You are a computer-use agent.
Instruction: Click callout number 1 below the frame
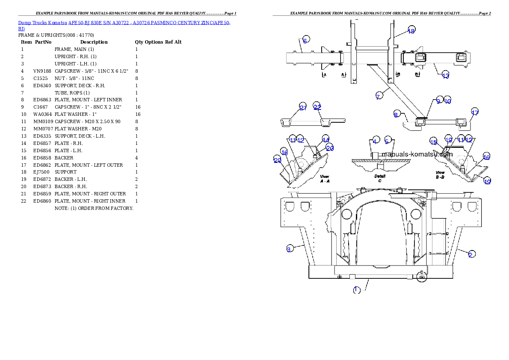pyautogui.click(x=357, y=290)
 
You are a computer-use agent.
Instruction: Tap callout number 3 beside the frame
pyautogui.click(x=289, y=249)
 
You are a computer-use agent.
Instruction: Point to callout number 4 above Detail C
pyautogui.click(x=375, y=141)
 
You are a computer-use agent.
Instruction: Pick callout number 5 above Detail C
pyautogui.click(x=387, y=141)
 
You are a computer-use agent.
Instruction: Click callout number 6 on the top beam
pyautogui.click(x=305, y=41)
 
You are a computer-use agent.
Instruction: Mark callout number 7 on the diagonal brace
pyautogui.click(x=378, y=96)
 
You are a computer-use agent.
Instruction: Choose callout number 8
pyautogui.click(x=397, y=114)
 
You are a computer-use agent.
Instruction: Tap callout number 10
pyautogui.click(x=447, y=100)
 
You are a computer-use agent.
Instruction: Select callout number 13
pyautogui.click(x=446, y=75)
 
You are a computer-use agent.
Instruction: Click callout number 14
pyautogui.click(x=326, y=139)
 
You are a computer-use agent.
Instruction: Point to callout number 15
pyautogui.click(x=434, y=142)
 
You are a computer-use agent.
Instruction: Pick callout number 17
pyautogui.click(x=475, y=112)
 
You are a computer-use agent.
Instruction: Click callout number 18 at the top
pyautogui.click(x=411, y=30)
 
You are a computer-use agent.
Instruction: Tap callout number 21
pyautogui.click(x=303, y=107)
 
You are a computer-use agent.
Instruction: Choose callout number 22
pyautogui.click(x=317, y=107)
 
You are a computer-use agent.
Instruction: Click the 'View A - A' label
pyautogui.click(x=325, y=178)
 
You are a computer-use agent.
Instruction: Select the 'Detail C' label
pyautogui.click(x=380, y=178)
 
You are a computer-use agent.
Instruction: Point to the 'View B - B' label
pyautogui.click(x=441, y=174)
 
